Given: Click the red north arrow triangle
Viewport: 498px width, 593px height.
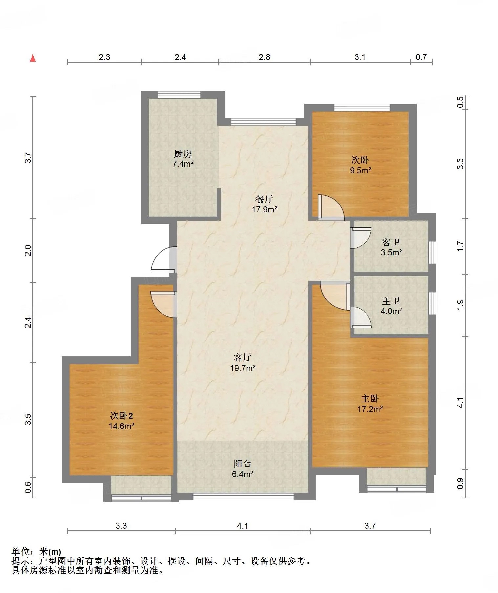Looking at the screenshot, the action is (33, 58).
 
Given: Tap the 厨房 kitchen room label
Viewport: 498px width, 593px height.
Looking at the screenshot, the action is (183, 154).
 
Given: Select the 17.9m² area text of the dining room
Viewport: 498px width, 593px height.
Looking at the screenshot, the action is (265, 209).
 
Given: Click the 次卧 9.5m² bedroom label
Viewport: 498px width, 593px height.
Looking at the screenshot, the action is (360, 165).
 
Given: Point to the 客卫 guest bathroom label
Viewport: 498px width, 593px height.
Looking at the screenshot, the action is (391, 242).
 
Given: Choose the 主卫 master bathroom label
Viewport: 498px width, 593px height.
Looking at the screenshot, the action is (391, 301).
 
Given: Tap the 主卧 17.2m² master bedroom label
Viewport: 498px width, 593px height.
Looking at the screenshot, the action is (370, 404).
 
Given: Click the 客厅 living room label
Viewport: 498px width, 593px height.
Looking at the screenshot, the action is (243, 357).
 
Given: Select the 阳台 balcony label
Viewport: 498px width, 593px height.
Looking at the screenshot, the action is (243, 464).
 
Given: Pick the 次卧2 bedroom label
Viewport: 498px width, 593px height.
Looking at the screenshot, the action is (121, 416).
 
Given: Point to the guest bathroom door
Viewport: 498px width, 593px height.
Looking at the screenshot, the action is (360, 238).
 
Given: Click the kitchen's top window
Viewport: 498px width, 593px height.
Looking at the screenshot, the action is (179, 95).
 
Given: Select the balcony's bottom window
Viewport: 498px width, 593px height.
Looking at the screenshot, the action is (244, 497).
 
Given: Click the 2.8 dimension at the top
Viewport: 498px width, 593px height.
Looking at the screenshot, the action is (264, 57).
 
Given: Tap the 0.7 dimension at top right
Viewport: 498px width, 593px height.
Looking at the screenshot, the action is (421, 57).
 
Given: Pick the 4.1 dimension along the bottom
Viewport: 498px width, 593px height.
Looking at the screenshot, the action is (243, 526).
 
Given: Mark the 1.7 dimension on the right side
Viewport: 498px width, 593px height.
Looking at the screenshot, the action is (461, 246).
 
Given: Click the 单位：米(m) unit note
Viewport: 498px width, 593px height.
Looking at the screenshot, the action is (36, 551).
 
